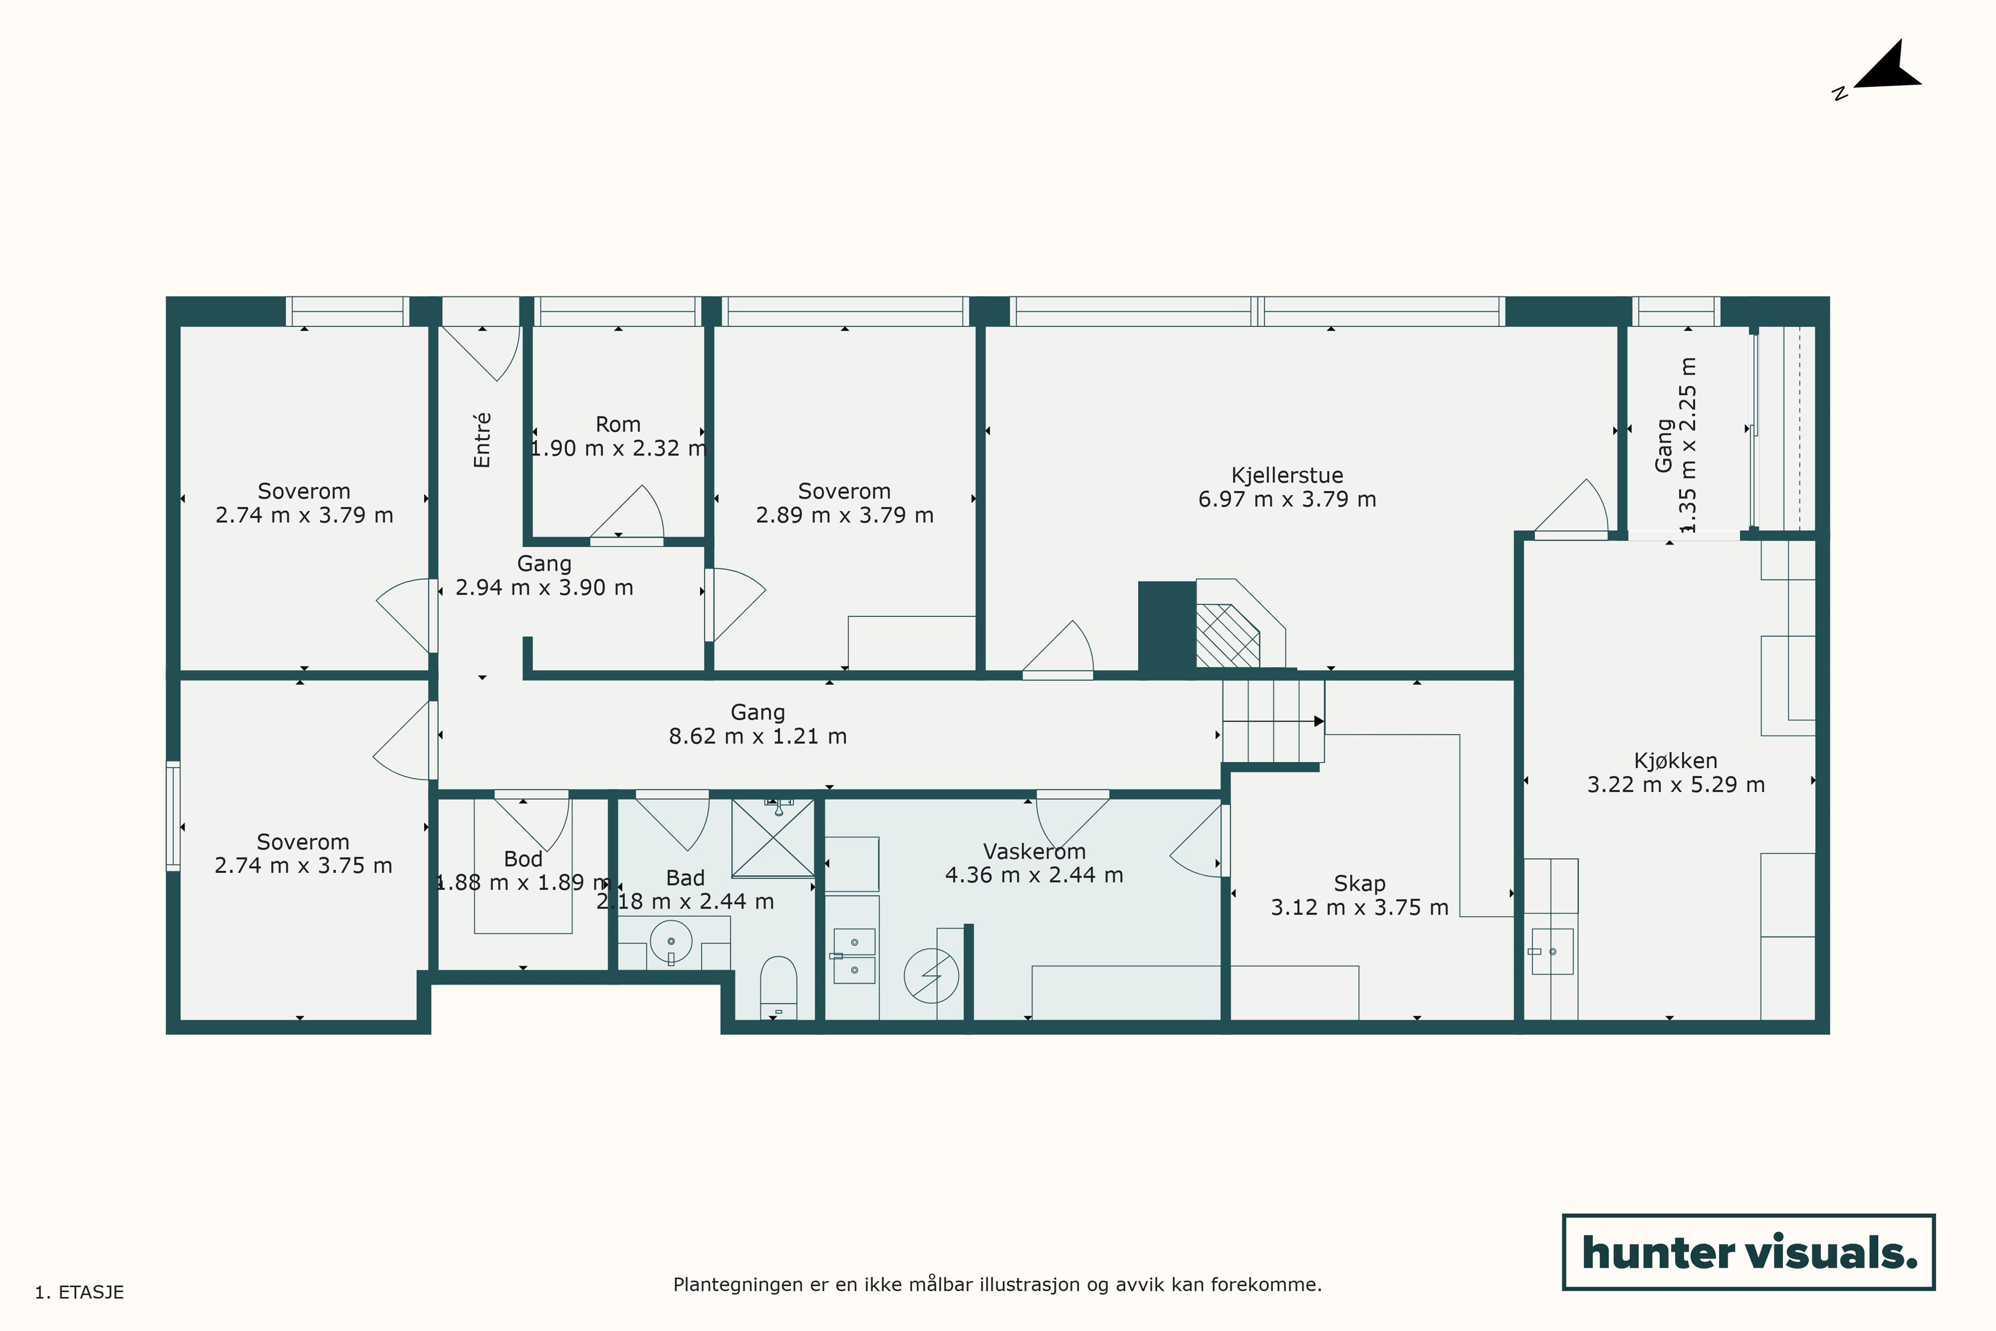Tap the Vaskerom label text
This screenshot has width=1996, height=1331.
tap(1034, 852)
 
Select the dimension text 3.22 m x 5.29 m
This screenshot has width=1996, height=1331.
tap(1676, 785)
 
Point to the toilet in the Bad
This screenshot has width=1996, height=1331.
tap(778, 987)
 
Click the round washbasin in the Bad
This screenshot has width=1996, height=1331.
tap(671, 942)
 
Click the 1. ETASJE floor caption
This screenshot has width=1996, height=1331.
tap(79, 1293)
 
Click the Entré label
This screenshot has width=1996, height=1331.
tap(482, 440)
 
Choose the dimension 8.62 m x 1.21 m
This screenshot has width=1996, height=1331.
tap(758, 736)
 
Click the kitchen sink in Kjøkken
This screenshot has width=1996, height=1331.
tap(1552, 951)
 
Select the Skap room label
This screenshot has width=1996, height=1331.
tap(1360, 884)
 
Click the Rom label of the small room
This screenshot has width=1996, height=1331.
tap(618, 424)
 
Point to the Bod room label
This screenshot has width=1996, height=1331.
tap(523, 859)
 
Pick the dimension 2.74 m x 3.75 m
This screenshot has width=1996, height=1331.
tap(303, 866)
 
